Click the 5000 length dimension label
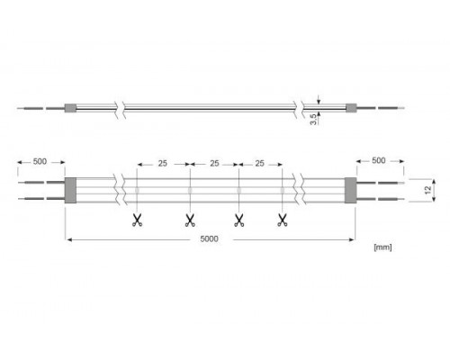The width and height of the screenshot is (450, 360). click(x=209, y=239)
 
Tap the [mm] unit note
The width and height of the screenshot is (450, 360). click(x=382, y=247)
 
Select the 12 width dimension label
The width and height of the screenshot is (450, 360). click(x=428, y=190)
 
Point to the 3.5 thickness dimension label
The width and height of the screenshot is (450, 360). click(x=313, y=119)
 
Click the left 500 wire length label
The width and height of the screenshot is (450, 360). click(x=40, y=161)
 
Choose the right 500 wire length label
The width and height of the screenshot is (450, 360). click(x=379, y=160)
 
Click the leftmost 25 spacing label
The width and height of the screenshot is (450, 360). click(x=163, y=164)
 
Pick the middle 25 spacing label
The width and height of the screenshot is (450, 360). click(x=214, y=164)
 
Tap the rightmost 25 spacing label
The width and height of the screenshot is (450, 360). click(x=259, y=164)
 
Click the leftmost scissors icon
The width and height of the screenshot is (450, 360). click(x=137, y=220)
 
